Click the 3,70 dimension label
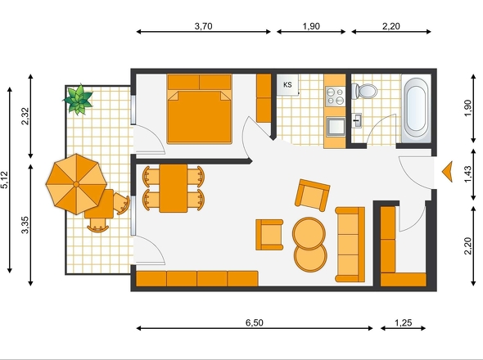[203, 26]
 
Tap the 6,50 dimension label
[254, 322]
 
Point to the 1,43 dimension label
[467, 174]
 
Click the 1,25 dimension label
[404, 322]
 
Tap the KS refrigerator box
[287, 84]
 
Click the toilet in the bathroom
[364, 91]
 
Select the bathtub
[417, 108]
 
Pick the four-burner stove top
[336, 96]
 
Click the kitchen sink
[336, 126]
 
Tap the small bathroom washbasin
[357, 120]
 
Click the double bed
[199, 109]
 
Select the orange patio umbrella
[76, 184]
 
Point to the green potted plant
[79, 99]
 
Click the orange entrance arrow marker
[448, 171]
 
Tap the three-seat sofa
[350, 245]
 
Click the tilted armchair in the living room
[312, 196]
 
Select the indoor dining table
[174, 188]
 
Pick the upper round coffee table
[309, 233]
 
